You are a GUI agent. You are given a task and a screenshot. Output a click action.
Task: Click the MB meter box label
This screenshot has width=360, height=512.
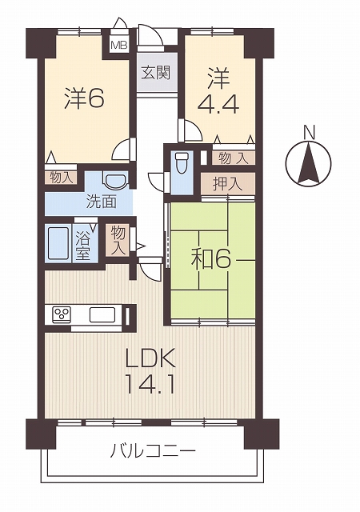(x=118, y=45)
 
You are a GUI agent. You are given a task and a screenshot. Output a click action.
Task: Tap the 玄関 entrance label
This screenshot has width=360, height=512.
(x=156, y=73)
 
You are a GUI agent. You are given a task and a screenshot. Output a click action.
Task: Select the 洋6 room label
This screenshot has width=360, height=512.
(x=84, y=98)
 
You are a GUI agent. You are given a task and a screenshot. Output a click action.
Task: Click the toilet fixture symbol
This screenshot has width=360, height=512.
(x=182, y=162)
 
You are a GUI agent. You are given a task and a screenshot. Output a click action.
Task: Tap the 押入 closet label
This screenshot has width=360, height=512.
(x=228, y=185)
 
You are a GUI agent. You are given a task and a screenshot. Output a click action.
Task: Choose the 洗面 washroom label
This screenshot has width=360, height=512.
(x=102, y=202)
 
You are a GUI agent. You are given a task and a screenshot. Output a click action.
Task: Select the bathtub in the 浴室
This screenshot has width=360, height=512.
(x=58, y=243)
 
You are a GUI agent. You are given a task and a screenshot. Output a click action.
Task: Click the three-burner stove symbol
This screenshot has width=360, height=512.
(x=61, y=314)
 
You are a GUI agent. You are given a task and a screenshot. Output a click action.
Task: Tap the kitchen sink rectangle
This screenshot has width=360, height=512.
(x=102, y=314)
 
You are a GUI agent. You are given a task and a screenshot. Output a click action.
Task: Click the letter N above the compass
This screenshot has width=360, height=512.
(x=309, y=133)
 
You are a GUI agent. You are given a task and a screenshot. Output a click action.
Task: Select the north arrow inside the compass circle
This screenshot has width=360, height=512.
(x=308, y=164)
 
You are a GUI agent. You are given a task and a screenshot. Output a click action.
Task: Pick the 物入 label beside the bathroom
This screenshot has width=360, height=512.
(x=118, y=241)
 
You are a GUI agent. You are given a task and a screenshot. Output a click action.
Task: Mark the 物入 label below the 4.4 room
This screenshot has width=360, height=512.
(x=233, y=158)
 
